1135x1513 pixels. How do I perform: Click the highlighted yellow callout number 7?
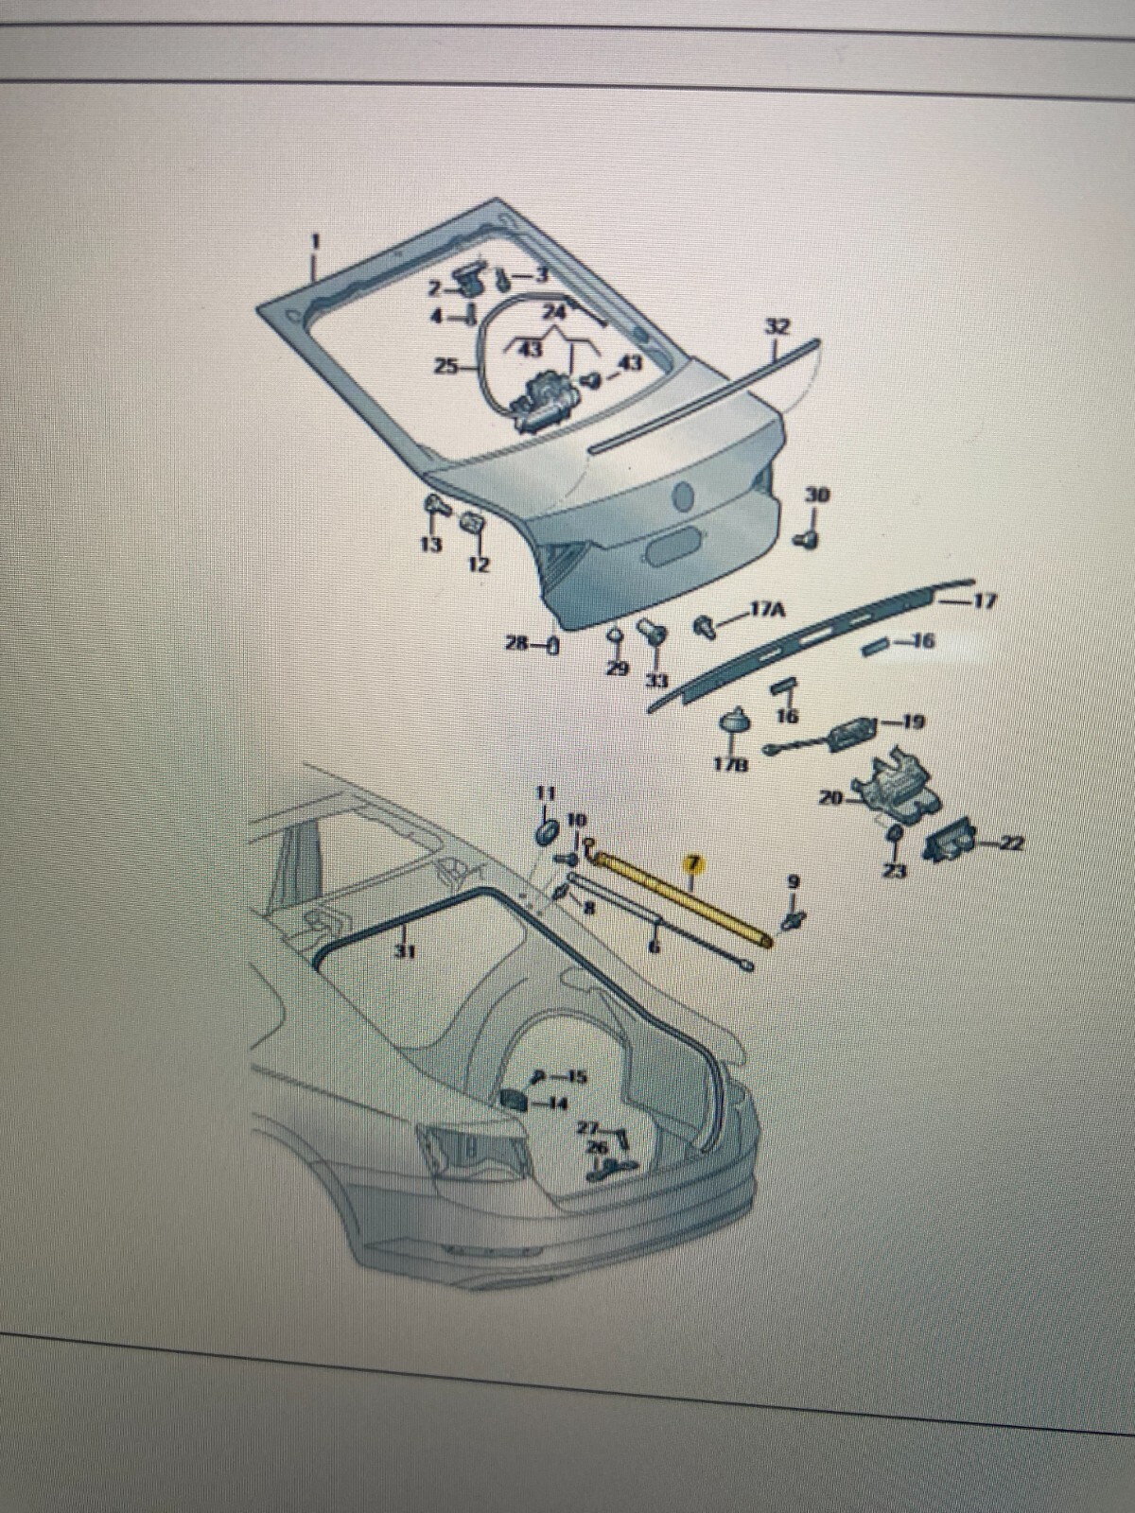tap(692, 862)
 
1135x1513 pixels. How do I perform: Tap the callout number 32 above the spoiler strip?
tap(777, 326)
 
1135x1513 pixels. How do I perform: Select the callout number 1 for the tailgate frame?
tap(316, 241)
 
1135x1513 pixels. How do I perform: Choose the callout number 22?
tap(1011, 843)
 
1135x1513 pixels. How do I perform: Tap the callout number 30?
tap(816, 495)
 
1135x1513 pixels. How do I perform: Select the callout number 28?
tap(516, 644)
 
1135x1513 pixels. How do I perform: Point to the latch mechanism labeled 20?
tap(894, 782)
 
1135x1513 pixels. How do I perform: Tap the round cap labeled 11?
tap(546, 832)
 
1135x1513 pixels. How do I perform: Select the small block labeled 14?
tap(514, 1100)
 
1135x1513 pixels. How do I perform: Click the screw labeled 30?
tap(809, 539)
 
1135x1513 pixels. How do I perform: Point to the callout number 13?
tap(431, 545)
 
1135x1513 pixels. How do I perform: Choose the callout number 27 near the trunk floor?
tap(588, 1128)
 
